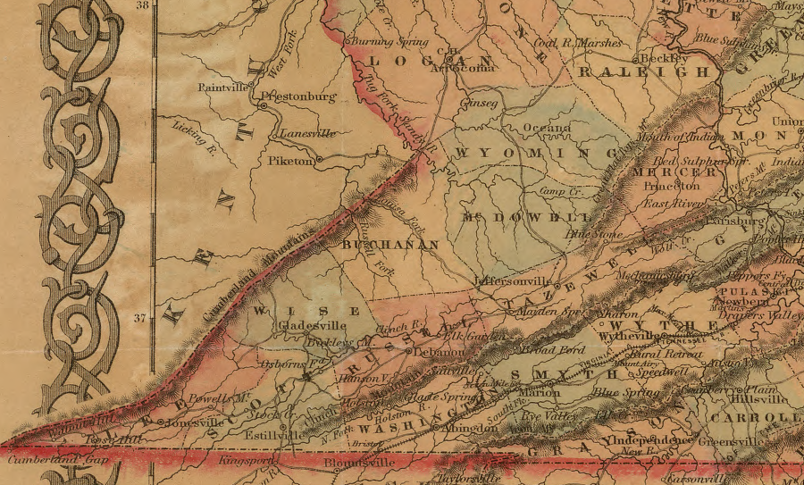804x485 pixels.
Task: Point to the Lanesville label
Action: coord(307,133)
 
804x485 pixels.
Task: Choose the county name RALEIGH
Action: coord(643,71)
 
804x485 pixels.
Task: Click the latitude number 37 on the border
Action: coord(140,317)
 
